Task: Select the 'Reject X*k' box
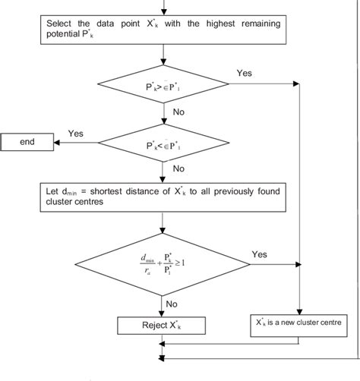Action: [163, 326]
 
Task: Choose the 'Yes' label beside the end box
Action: [76, 133]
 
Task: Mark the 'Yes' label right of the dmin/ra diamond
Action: [259, 255]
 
